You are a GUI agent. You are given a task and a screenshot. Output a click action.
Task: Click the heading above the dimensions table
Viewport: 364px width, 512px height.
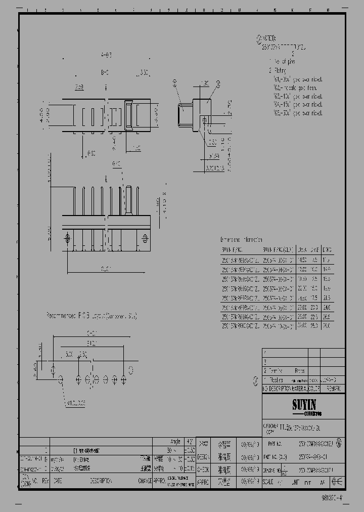click(x=242, y=239)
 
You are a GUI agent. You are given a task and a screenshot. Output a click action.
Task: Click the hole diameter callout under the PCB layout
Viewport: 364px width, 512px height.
click(x=75, y=403)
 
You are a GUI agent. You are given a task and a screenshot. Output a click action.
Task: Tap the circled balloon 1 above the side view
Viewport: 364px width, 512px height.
click(x=218, y=83)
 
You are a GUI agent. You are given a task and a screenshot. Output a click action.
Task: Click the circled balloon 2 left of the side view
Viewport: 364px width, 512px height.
click(x=175, y=81)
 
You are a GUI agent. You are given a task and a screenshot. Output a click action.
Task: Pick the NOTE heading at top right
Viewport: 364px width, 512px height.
click(x=268, y=38)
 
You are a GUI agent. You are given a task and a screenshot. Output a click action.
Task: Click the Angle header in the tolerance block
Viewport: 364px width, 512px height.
click(x=175, y=441)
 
